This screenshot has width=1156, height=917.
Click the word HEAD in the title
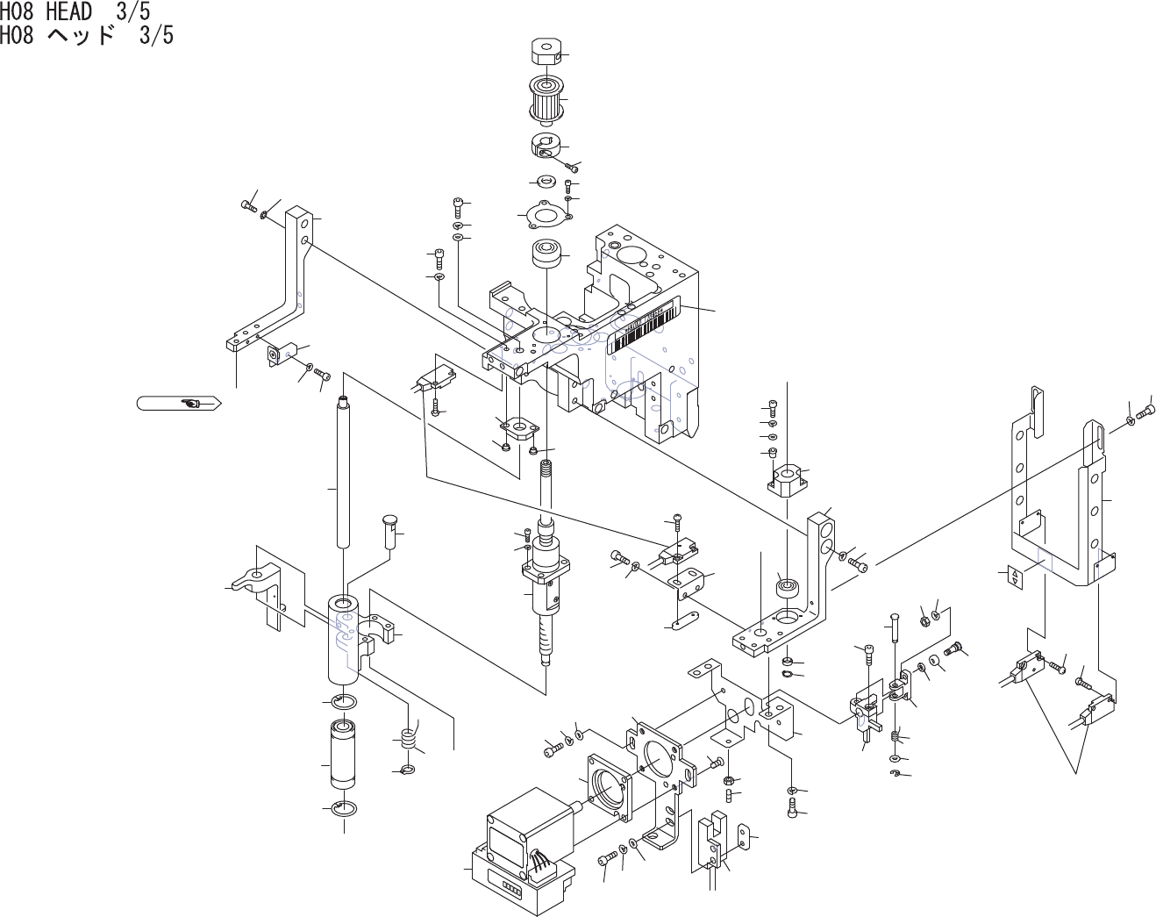pyautogui.click(x=68, y=12)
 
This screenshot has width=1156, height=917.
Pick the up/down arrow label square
pyautogui.click(x=1015, y=577)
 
